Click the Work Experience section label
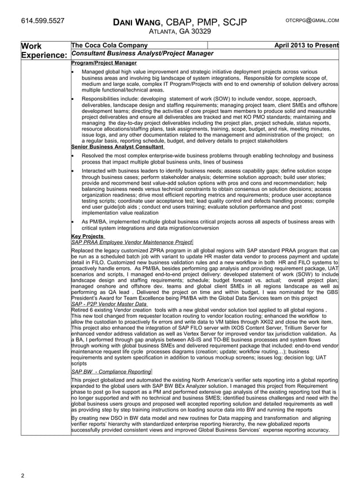43,50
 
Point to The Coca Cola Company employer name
109,45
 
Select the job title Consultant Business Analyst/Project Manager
142,54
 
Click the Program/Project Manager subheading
104,63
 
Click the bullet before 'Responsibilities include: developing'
74,98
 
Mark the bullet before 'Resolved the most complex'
74,155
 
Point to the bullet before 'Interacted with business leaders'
74,170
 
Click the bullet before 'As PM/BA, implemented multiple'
74,222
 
